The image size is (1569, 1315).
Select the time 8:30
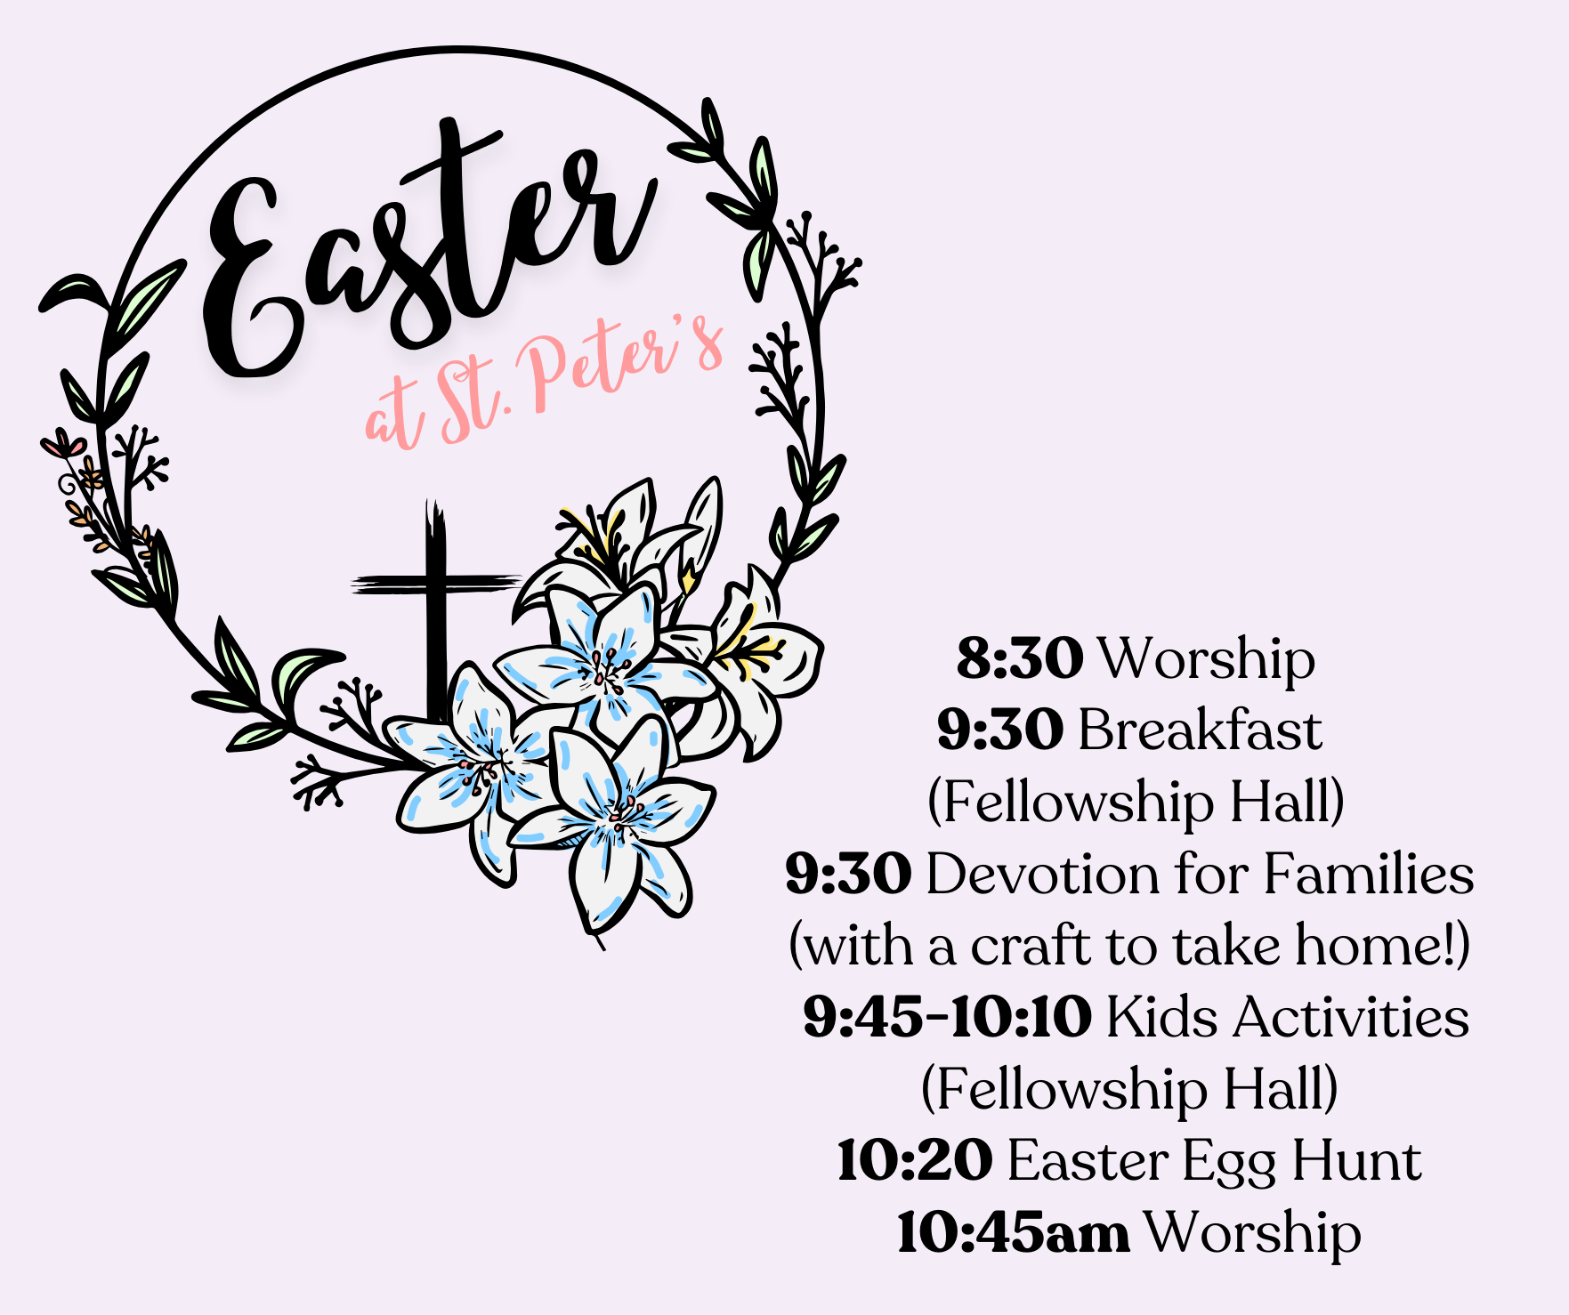pos(1020,659)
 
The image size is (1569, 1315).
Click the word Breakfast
pos(1201,730)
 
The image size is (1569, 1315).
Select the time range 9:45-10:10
pos(947,1017)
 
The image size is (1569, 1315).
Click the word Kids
pos(1162,1017)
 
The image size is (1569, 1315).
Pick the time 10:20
pos(915,1160)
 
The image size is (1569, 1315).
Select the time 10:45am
pos(1014,1232)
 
